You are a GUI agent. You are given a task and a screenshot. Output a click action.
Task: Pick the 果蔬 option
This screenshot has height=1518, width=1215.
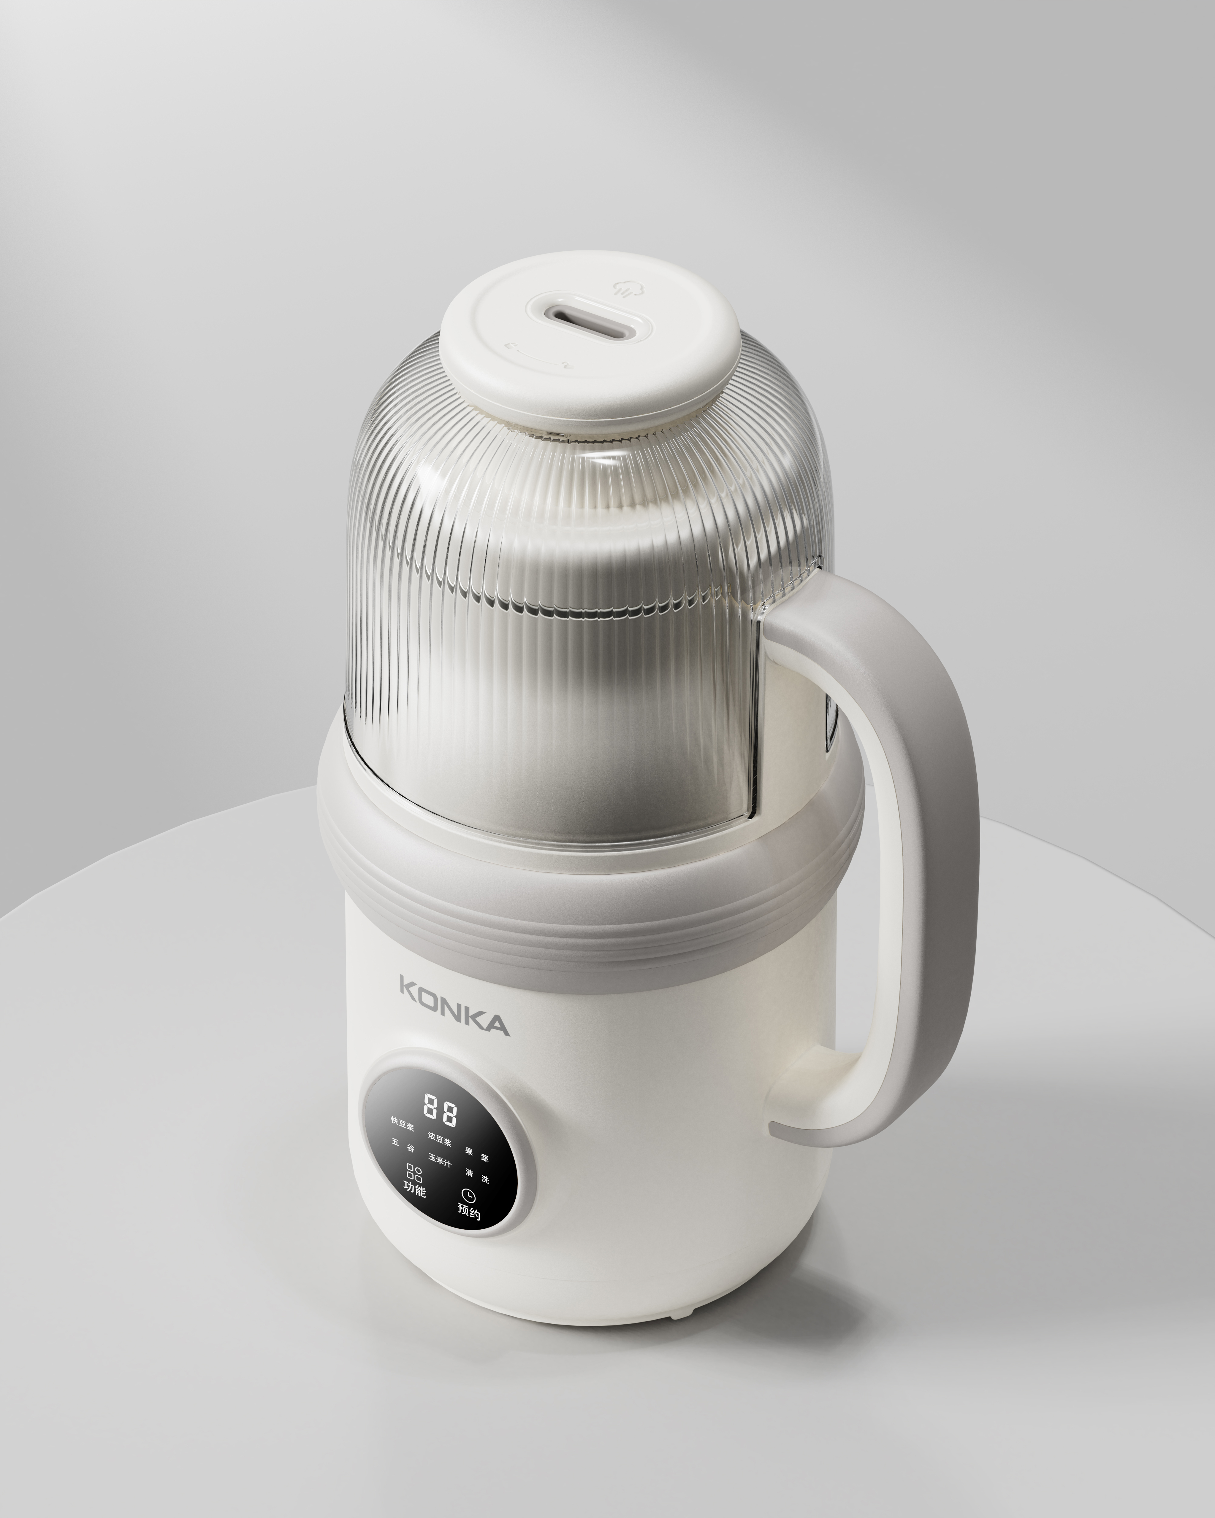point(477,1156)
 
